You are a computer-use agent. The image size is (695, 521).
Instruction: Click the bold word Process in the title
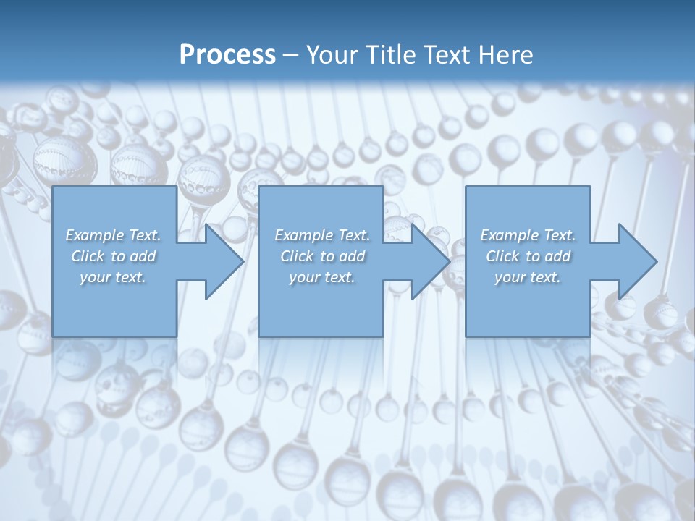click(227, 55)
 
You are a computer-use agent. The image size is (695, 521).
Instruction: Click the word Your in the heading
click(331, 55)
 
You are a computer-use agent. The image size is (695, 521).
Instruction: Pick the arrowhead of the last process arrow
click(636, 261)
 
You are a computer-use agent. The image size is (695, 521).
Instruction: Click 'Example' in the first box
click(95, 235)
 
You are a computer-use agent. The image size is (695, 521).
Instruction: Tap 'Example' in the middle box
click(303, 235)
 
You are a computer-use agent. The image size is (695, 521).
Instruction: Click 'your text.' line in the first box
click(113, 277)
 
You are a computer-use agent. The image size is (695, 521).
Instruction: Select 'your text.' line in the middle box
click(321, 277)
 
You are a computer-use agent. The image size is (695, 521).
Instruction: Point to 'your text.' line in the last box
click(528, 277)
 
